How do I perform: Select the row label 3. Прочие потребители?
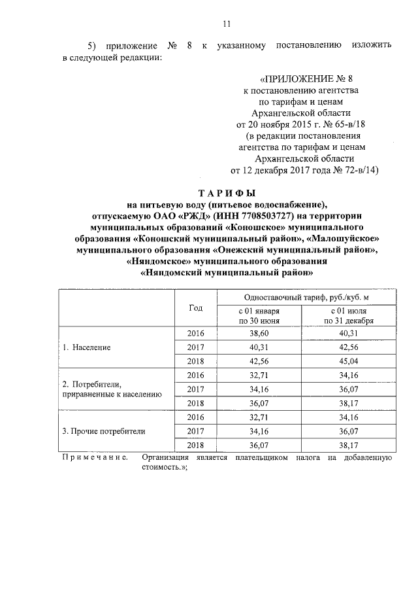click(x=103, y=431)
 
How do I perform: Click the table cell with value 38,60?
click(x=259, y=334)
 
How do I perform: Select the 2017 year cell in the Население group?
click(x=195, y=347)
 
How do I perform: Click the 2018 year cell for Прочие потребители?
click(x=195, y=445)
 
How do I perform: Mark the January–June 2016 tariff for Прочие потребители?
click(x=259, y=417)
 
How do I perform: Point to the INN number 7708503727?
click(x=269, y=215)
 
